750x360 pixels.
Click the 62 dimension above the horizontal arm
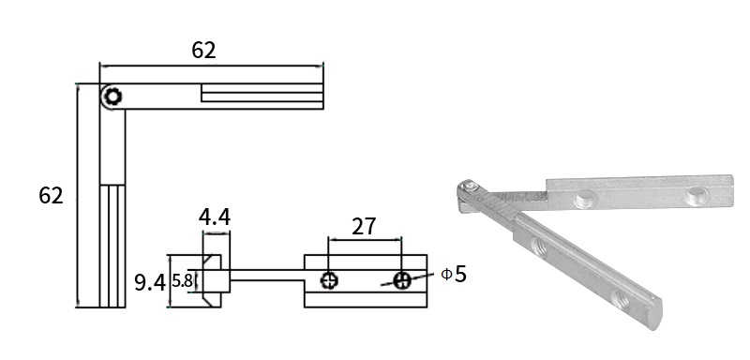coord(203,51)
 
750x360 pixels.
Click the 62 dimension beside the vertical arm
coord(51,196)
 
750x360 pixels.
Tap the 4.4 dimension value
coord(215,217)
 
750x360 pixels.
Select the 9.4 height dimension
coord(150,282)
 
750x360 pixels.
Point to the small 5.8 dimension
coord(182,280)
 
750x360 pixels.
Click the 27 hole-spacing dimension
coord(364,227)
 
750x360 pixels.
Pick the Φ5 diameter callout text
coord(453,274)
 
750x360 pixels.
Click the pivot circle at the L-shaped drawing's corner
coord(112,97)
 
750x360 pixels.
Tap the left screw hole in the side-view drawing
coord(330,280)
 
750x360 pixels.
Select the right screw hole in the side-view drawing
coord(402,280)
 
